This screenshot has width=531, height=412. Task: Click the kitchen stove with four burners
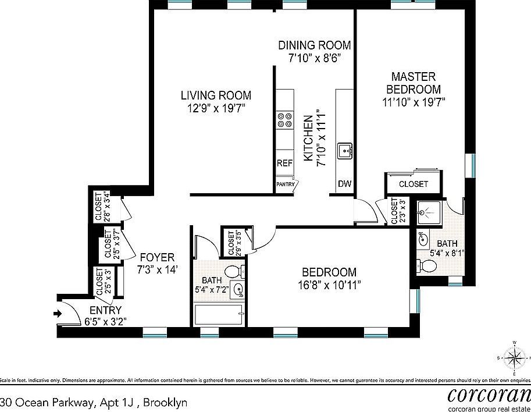284,120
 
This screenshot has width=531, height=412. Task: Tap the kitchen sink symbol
345,151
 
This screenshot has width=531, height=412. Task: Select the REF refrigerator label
284,164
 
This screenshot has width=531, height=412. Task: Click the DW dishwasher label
344,184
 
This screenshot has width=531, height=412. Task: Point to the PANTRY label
285,184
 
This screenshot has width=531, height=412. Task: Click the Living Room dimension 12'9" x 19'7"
215,108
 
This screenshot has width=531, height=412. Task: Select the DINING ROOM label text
314,45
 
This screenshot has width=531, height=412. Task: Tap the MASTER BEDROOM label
414,83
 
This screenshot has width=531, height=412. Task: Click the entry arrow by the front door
57,314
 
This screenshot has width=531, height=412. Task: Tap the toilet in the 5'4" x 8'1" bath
427,265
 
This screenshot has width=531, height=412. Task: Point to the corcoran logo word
489,395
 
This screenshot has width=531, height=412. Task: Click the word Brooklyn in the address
165,402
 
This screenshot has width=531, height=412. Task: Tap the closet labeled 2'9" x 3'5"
235,243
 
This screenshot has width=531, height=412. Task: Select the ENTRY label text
105,310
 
